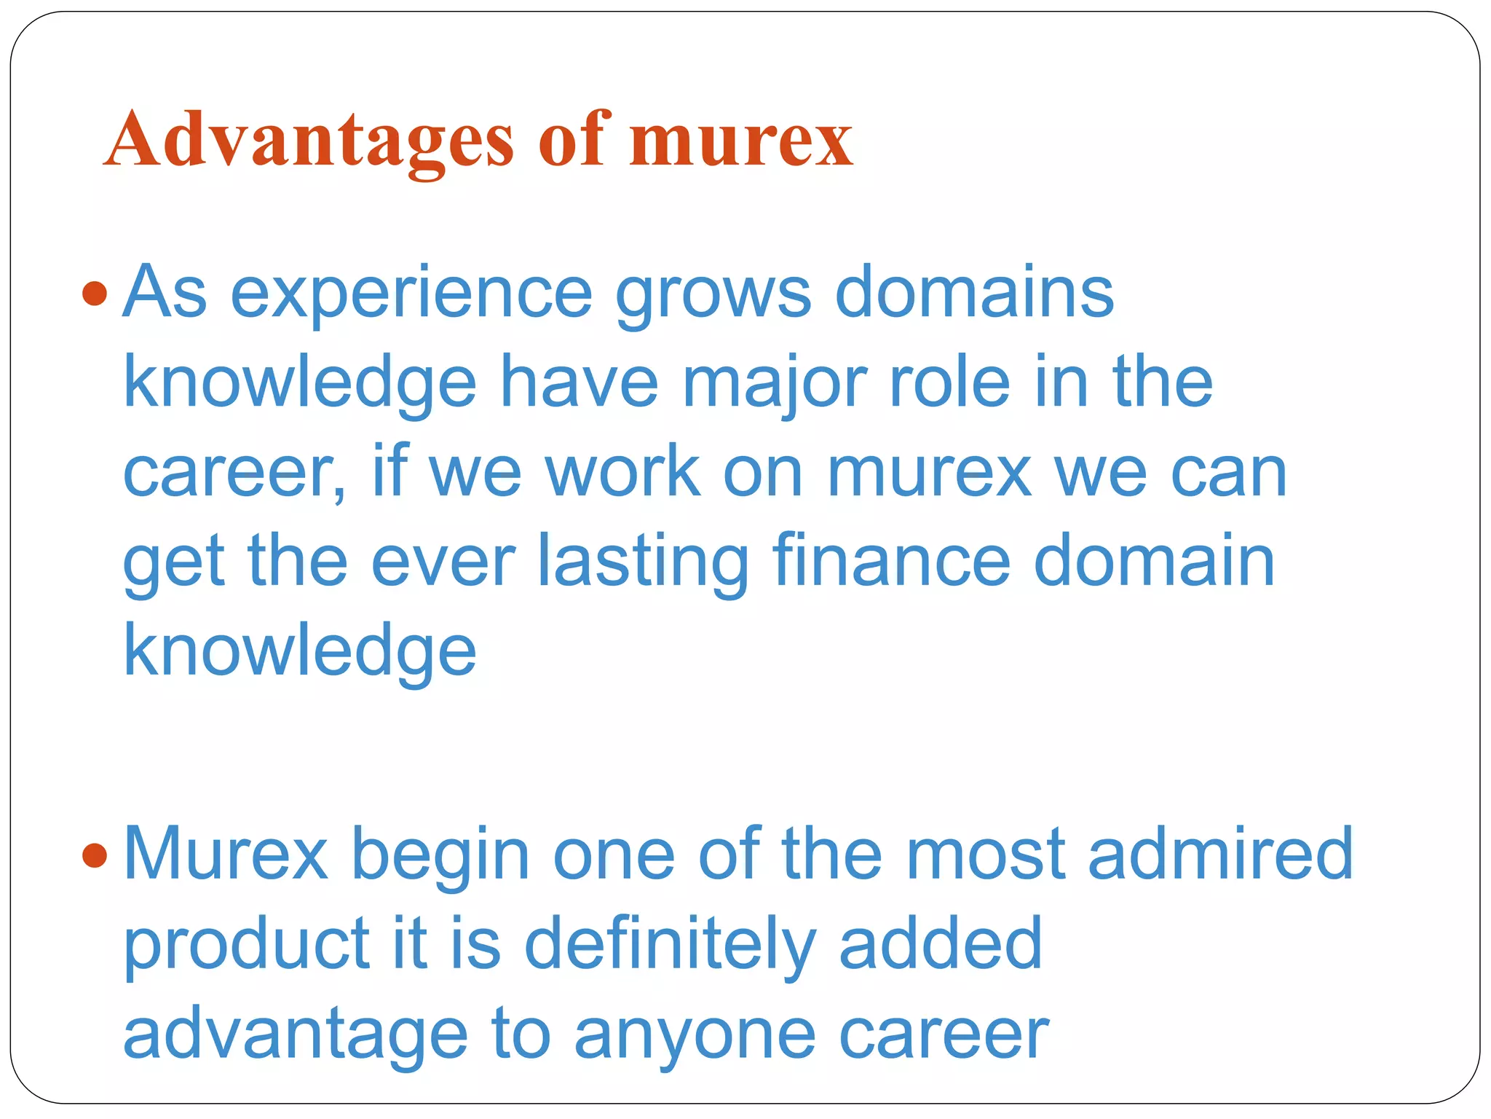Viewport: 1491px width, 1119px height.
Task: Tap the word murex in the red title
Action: click(740, 140)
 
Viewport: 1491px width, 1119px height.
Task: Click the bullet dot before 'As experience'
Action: click(95, 294)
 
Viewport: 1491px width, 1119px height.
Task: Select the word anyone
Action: click(695, 1034)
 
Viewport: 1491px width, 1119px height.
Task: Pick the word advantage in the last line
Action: click(295, 1034)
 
